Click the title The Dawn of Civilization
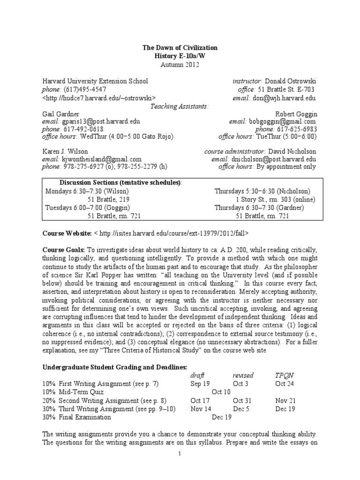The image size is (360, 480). point(180,48)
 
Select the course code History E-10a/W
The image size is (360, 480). point(180,56)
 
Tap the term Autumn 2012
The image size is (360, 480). point(180,65)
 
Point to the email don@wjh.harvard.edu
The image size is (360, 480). point(285,98)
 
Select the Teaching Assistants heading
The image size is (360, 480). point(180,106)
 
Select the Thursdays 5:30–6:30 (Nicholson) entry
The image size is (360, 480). point(265,191)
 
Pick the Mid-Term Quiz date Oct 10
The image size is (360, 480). point(221,391)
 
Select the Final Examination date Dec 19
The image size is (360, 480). point(221,417)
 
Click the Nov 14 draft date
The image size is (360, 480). point(200,408)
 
